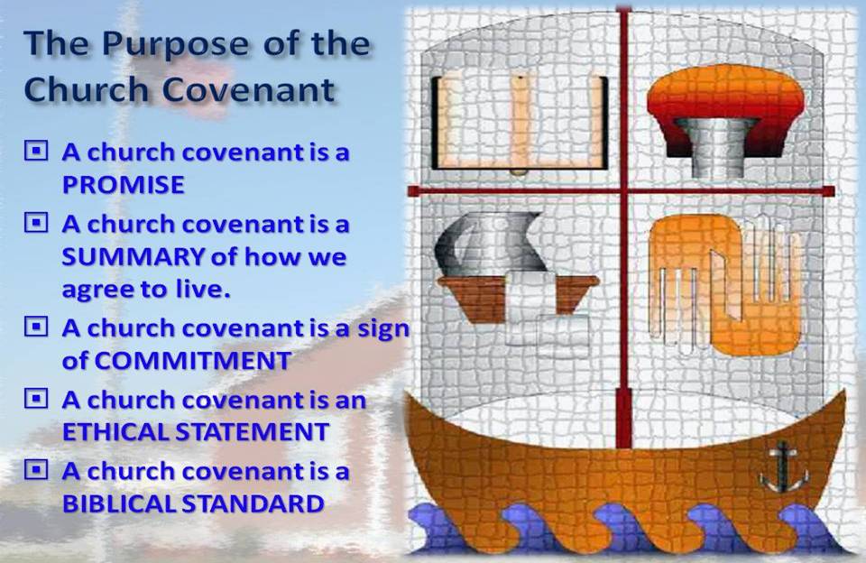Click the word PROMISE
tap(124, 185)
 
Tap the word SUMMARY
tap(133, 256)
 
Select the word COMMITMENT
tap(193, 361)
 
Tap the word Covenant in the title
tap(248, 89)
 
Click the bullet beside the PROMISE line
tap(36, 151)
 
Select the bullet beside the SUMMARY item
tap(36, 222)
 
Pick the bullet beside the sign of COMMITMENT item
tap(36, 326)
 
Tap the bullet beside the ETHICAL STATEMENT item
tap(36, 398)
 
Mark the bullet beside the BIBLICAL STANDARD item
tap(36, 470)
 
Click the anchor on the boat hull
tap(783, 467)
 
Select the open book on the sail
tap(520, 123)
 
